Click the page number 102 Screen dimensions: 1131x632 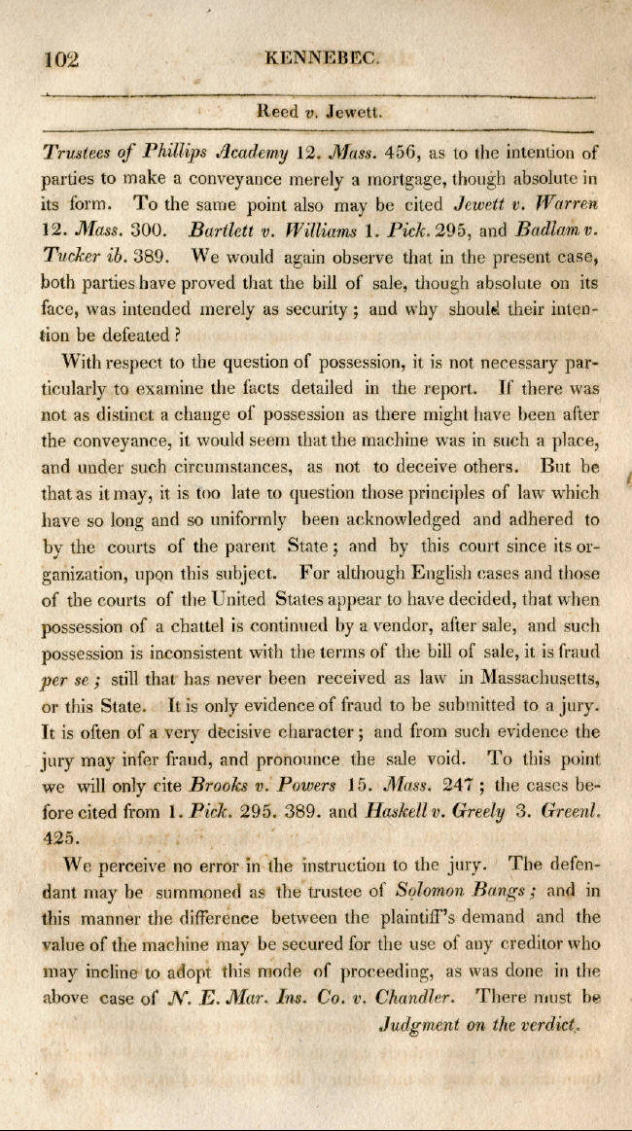coord(60,59)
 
